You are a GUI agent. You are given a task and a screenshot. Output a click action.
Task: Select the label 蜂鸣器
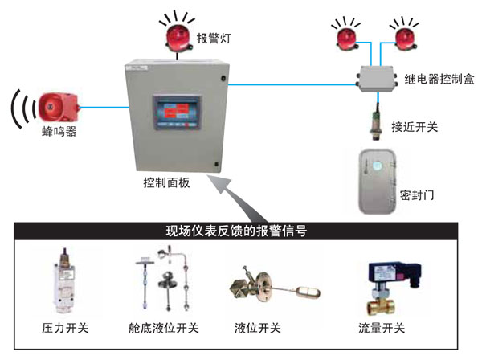coord(59,132)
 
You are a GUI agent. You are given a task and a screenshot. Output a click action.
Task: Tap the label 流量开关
coord(382,329)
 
